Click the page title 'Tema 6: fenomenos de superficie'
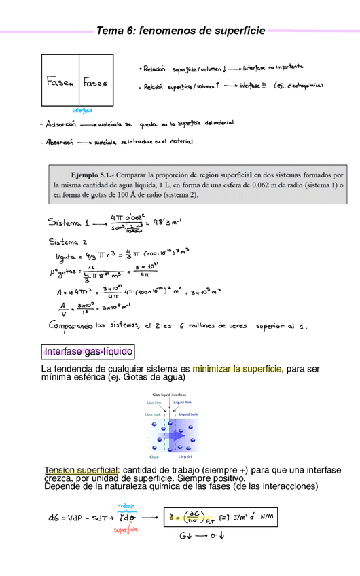pos(180,31)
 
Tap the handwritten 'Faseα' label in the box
pos(59,82)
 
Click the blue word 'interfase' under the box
pos(82,110)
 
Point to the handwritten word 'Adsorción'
pos(60,125)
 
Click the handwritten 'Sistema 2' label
pos(68,241)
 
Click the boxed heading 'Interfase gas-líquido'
pos(88,351)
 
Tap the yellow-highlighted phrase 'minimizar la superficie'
pos(238,369)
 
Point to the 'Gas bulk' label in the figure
pos(154,414)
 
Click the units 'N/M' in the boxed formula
pos(266,517)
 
